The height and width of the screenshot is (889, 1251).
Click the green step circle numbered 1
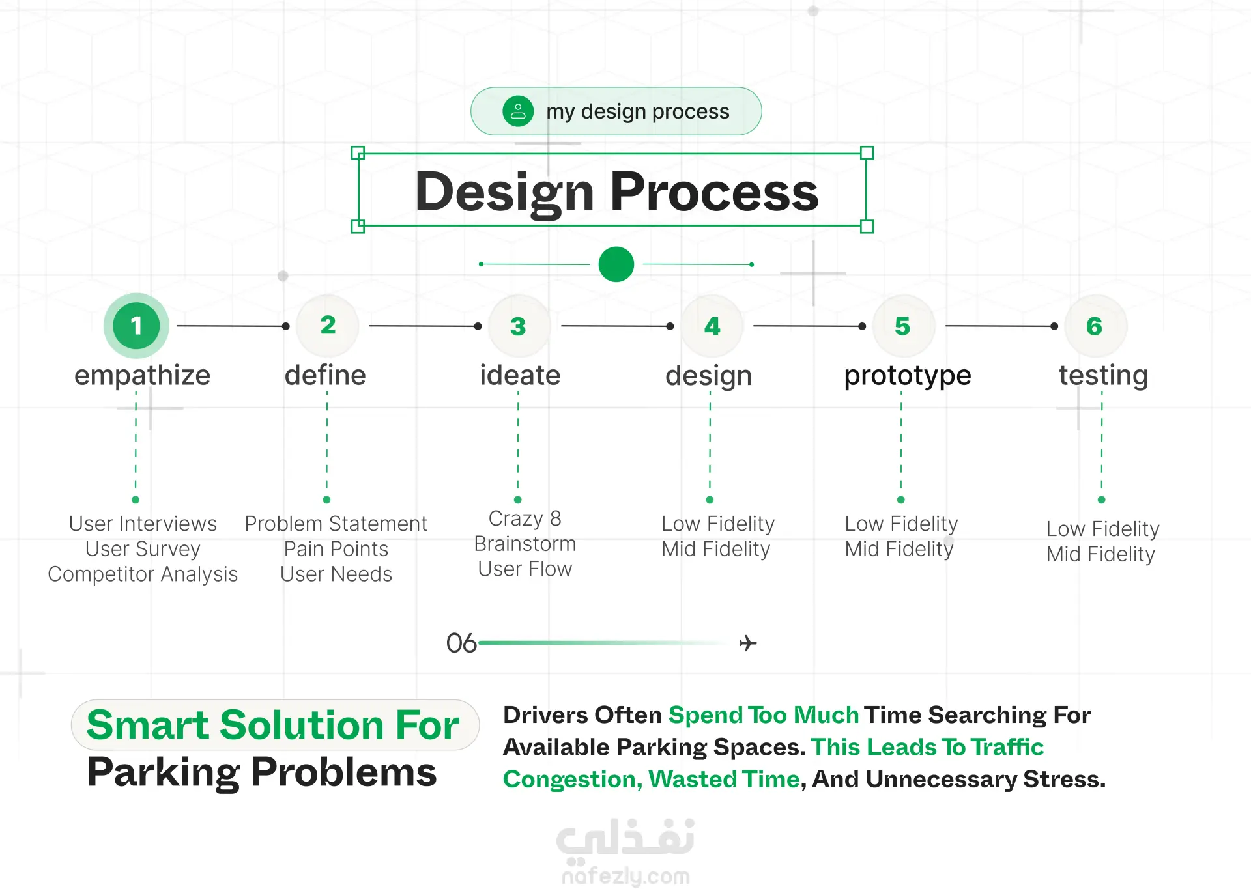pyautogui.click(x=136, y=326)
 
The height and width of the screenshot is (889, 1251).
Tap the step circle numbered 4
pyautogui.click(x=712, y=326)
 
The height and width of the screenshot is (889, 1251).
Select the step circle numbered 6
pyautogui.click(x=1095, y=326)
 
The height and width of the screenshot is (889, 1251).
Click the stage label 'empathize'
pyautogui.click(x=142, y=376)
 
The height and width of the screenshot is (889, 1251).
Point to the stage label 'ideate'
pyautogui.click(x=520, y=375)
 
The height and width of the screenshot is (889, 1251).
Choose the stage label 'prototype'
pyautogui.click(x=908, y=376)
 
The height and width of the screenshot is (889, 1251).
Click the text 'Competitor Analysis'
pyautogui.click(x=143, y=574)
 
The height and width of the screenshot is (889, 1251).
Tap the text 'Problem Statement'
pyautogui.click(x=336, y=524)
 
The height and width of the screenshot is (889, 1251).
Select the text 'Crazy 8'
pyautogui.click(x=525, y=518)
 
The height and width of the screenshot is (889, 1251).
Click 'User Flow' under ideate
pyautogui.click(x=525, y=569)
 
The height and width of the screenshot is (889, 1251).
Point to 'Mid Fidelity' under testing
pyautogui.click(x=1101, y=554)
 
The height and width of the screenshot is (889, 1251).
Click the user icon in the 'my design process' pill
pyautogui.click(x=518, y=111)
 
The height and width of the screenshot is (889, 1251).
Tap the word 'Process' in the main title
pyautogui.click(x=714, y=191)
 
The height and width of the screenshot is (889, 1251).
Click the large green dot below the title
pyautogui.click(x=616, y=264)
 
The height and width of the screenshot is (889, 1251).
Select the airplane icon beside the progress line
pyautogui.click(x=748, y=643)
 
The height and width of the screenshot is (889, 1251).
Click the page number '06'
pyautogui.click(x=461, y=643)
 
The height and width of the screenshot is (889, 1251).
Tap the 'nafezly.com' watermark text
pyautogui.click(x=625, y=876)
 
